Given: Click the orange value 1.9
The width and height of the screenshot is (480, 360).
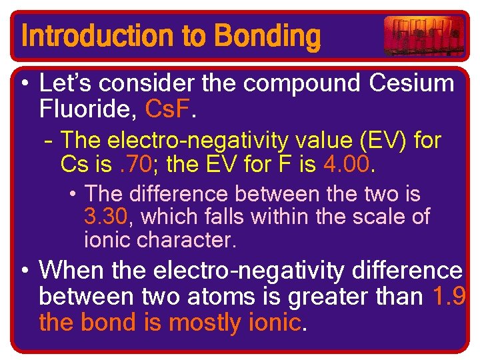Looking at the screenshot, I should [449, 295].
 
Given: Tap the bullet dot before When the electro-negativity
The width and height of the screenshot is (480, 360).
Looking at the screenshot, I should [24, 271].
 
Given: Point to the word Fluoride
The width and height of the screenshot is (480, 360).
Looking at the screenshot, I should [77, 108].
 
